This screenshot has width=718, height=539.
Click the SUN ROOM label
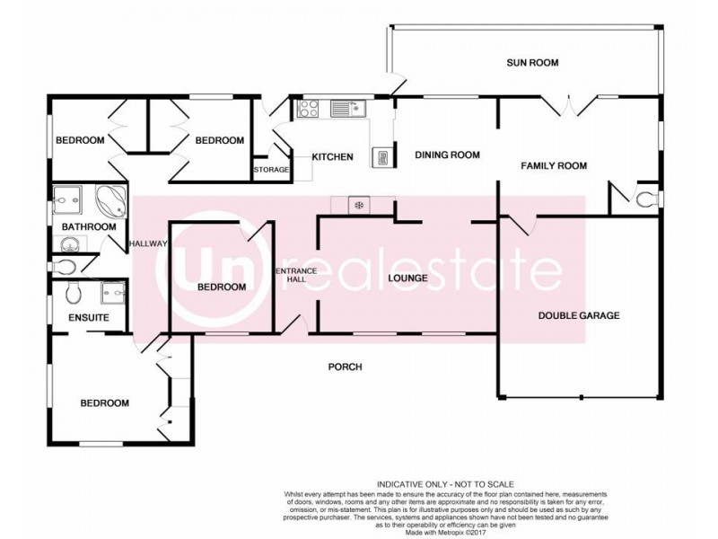pyautogui.click(x=532, y=63)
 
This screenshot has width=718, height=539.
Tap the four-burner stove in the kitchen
pyautogui.click(x=308, y=109)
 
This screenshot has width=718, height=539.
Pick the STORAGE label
pyautogui.click(x=271, y=169)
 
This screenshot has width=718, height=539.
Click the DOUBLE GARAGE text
pyautogui.click(x=579, y=315)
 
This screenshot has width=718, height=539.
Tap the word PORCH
pyautogui.click(x=345, y=367)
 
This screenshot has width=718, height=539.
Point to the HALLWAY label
pyautogui.click(x=146, y=243)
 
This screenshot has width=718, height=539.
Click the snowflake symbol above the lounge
pyautogui.click(x=359, y=206)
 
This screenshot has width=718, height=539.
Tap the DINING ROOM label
pyautogui.click(x=447, y=155)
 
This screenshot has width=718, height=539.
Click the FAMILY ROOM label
pyautogui.click(x=554, y=165)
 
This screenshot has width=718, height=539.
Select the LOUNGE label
pyautogui.click(x=407, y=278)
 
